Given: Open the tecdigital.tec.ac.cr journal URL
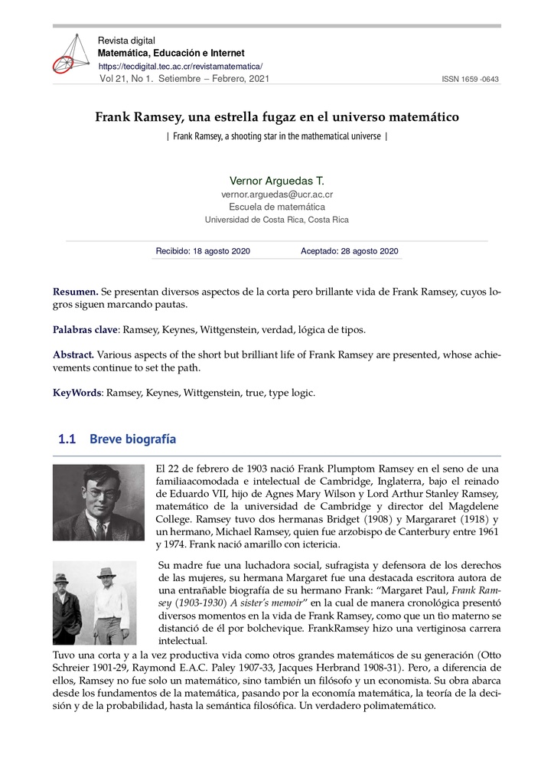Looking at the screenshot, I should pyautogui.click(x=181, y=67).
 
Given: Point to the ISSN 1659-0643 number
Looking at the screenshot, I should pyautogui.click(x=471, y=80).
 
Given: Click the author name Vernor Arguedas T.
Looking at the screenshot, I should pyautogui.click(x=277, y=181).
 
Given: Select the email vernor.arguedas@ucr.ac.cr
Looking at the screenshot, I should pyautogui.click(x=277, y=194).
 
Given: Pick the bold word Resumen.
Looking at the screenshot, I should pyautogui.click(x=75, y=292).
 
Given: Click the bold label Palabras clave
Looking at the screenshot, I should pyautogui.click(x=84, y=330).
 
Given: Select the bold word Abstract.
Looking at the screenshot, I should pyautogui.click(x=73, y=354).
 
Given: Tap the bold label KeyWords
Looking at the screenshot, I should pyautogui.click(x=77, y=393).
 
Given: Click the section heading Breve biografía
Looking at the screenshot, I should pyautogui.click(x=132, y=439).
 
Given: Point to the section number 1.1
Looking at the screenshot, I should pyautogui.click(x=67, y=439).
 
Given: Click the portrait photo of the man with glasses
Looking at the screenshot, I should pyautogui.click(x=98, y=502).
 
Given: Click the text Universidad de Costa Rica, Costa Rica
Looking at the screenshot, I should pyautogui.click(x=277, y=220).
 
